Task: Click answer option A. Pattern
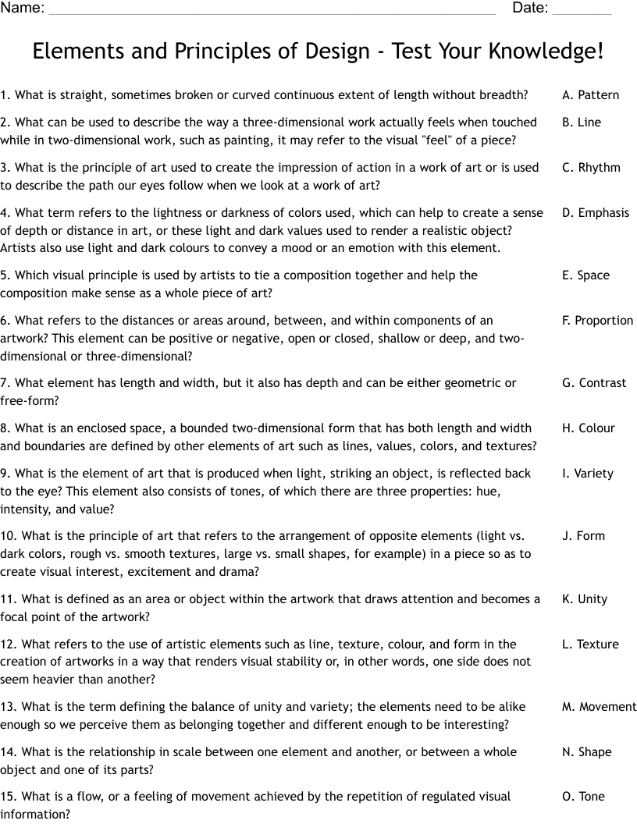(x=590, y=95)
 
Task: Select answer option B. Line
(x=582, y=123)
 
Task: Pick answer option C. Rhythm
(x=591, y=168)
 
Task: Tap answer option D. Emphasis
(x=595, y=213)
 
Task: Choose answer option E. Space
(x=585, y=275)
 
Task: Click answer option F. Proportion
(x=597, y=321)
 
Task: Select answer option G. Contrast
(x=593, y=383)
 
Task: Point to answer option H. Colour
(x=588, y=428)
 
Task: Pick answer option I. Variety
(x=588, y=474)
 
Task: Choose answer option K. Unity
(x=584, y=599)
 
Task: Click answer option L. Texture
(x=589, y=645)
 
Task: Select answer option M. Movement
(x=599, y=707)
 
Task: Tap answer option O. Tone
(x=583, y=797)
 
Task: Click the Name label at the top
(x=22, y=9)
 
